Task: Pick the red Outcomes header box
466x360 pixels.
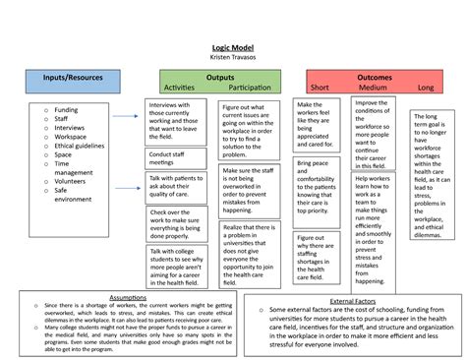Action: coord(374,83)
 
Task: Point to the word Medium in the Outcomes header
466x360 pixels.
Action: coord(373,88)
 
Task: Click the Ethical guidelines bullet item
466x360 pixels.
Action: coord(82,146)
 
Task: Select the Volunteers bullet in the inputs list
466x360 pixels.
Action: coord(76,181)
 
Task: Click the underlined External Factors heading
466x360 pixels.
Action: coord(354,300)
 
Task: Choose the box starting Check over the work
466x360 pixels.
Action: coord(175,223)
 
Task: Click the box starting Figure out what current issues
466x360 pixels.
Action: coord(248,129)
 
